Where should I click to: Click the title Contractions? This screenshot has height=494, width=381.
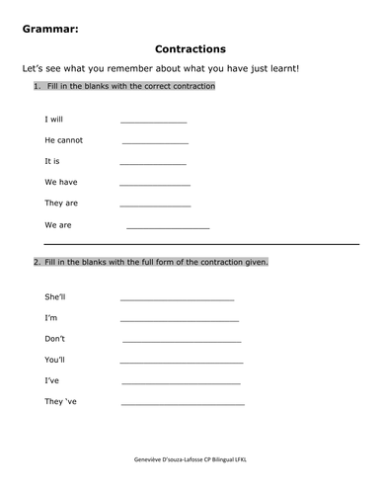click(x=190, y=47)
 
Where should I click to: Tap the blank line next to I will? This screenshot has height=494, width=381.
click(x=153, y=122)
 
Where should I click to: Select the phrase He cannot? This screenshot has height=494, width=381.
click(x=64, y=140)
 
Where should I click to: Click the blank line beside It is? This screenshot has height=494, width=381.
click(x=153, y=163)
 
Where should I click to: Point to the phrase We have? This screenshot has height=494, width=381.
click(x=61, y=182)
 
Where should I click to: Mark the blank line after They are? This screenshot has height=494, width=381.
click(x=155, y=206)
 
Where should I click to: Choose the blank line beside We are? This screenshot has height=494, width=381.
click(x=168, y=227)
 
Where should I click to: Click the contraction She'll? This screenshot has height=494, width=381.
click(x=57, y=296)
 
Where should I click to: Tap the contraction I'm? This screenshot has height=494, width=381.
click(x=51, y=318)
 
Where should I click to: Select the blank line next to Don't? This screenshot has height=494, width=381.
click(x=182, y=341)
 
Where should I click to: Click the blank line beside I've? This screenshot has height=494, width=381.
click(x=180, y=382)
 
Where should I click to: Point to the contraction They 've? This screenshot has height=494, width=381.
click(x=62, y=401)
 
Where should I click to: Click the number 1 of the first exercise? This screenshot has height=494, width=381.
click(x=36, y=87)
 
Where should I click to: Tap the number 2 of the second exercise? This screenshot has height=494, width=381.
click(x=36, y=262)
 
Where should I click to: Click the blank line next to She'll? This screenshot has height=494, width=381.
click(x=177, y=298)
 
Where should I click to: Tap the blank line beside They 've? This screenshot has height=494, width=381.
click(x=183, y=404)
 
